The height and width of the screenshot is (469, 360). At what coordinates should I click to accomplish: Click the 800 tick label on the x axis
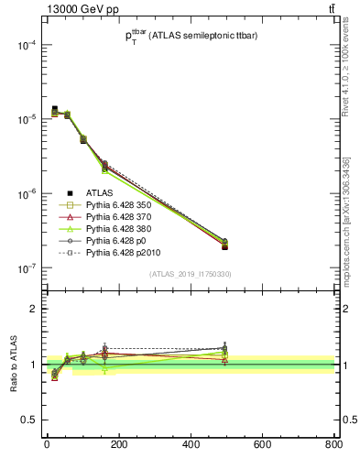coord(333,446)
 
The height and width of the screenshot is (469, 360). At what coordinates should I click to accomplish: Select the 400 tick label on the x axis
coord(190,446)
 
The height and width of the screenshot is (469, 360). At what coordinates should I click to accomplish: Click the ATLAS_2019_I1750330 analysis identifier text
coord(190,274)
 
